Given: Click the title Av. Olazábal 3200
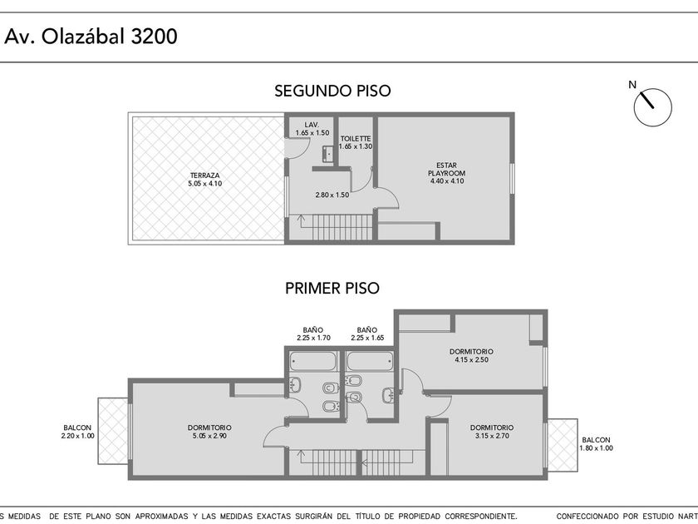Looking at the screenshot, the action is pyautogui.click(x=91, y=36).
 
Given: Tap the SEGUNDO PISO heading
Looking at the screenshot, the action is pyautogui.click(x=332, y=91).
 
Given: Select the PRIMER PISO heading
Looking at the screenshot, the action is pyautogui.click(x=332, y=289).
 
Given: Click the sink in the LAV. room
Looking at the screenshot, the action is pyautogui.click(x=327, y=154).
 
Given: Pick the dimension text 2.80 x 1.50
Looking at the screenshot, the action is pyautogui.click(x=332, y=195).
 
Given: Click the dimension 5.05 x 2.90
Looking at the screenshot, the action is pyautogui.click(x=209, y=436).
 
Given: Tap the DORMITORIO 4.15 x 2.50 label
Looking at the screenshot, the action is pyautogui.click(x=471, y=356).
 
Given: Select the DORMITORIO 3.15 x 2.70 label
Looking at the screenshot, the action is pyautogui.click(x=492, y=432).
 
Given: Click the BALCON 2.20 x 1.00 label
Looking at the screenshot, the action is pyautogui.click(x=77, y=432).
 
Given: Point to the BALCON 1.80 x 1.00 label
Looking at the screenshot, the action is pyautogui.click(x=596, y=444).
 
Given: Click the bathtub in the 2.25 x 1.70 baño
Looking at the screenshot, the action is pyautogui.click(x=313, y=361).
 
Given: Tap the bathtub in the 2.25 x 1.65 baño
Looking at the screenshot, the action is pyautogui.click(x=370, y=361).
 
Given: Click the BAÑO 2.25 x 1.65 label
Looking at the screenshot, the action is pyautogui.click(x=367, y=334).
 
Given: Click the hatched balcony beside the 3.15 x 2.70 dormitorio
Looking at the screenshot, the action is pyautogui.click(x=563, y=445).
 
